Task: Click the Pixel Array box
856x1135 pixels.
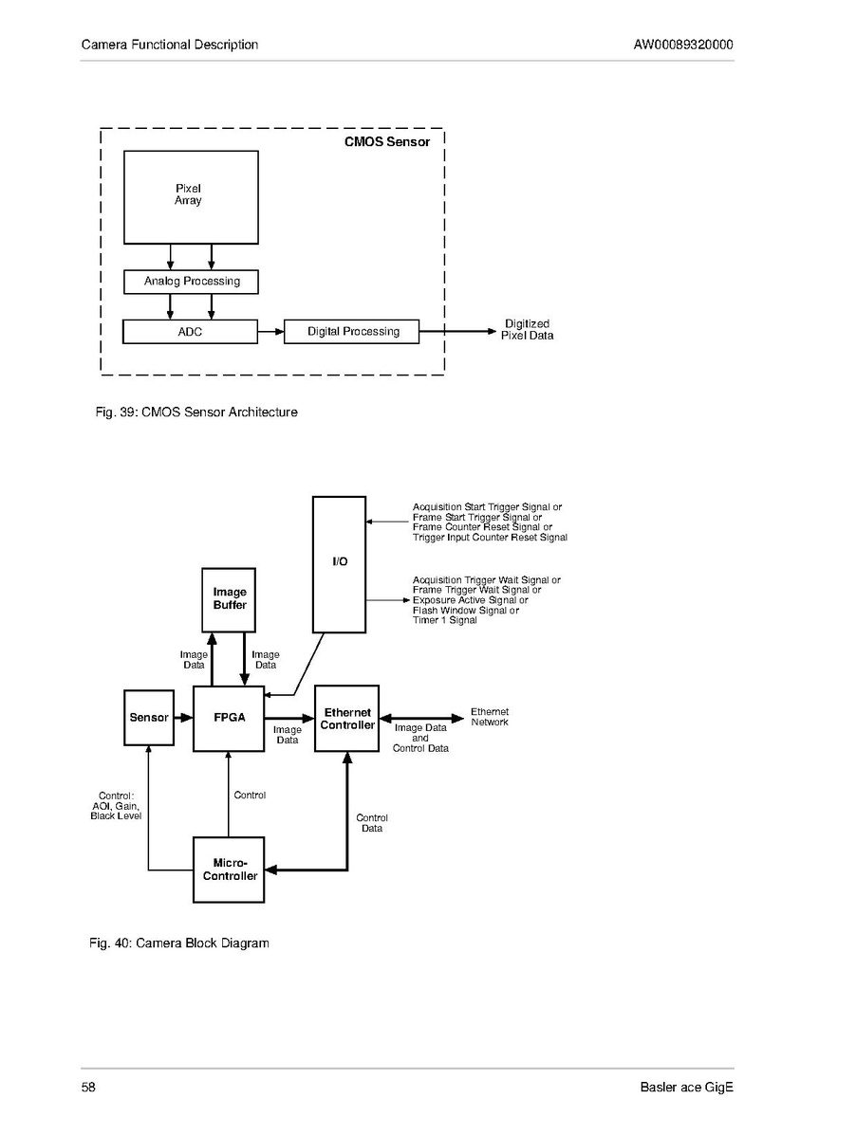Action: pyautogui.click(x=191, y=197)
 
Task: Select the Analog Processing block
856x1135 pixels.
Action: pyautogui.click(x=191, y=282)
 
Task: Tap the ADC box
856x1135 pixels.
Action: pyautogui.click(x=191, y=332)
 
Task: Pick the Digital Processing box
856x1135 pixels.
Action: pyautogui.click(x=352, y=332)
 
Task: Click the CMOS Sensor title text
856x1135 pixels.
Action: pyautogui.click(x=386, y=143)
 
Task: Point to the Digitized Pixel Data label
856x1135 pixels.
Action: pyautogui.click(x=527, y=330)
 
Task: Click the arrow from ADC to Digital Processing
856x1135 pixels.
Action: pyautogui.click(x=270, y=332)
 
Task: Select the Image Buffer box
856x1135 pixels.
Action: pyautogui.click(x=230, y=599)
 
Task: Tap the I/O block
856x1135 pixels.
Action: pyautogui.click(x=339, y=563)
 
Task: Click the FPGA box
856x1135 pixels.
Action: pyautogui.click(x=229, y=718)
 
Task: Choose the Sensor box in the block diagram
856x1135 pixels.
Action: pyautogui.click(x=149, y=718)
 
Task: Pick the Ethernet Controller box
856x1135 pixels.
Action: pyautogui.click(x=346, y=718)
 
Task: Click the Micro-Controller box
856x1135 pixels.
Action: pyautogui.click(x=229, y=870)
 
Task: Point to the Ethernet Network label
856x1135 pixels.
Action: pyautogui.click(x=490, y=717)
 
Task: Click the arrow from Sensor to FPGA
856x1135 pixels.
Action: pyautogui.click(x=183, y=718)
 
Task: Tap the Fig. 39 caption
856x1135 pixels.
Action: pyautogui.click(x=196, y=412)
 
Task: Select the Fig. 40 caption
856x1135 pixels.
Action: pyautogui.click(x=179, y=943)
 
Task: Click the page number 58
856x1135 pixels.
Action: pyautogui.click(x=88, y=1088)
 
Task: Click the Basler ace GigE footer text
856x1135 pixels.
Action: pyautogui.click(x=686, y=1088)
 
